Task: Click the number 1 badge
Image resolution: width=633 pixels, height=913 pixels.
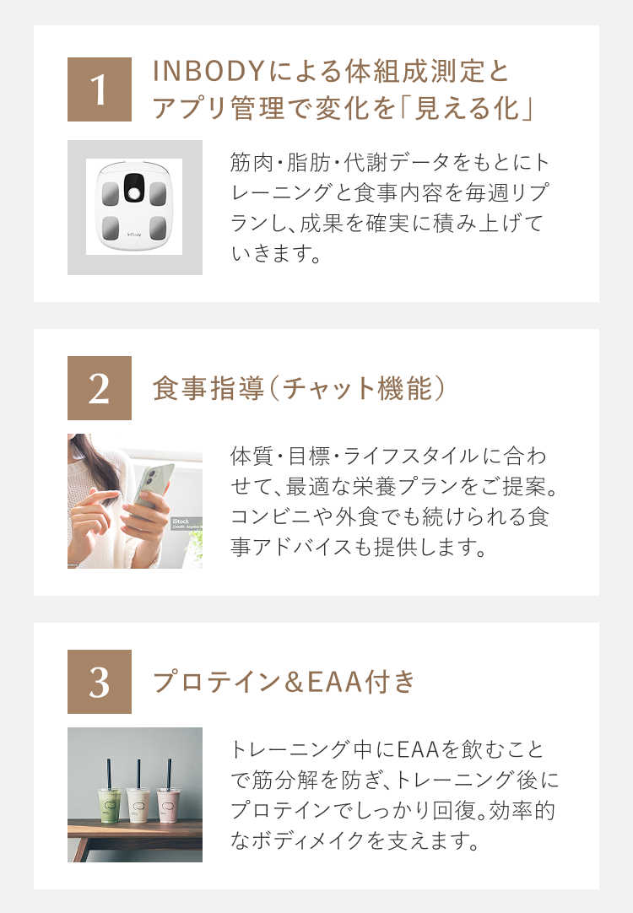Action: pos(100,89)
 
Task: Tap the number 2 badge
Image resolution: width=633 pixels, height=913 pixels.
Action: pos(100,388)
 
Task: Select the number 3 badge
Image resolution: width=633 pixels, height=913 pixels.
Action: pos(100,681)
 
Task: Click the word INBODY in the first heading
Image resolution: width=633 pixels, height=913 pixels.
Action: pos(209,71)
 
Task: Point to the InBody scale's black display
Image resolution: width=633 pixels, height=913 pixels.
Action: pos(134,188)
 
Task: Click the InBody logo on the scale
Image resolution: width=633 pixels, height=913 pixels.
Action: pos(134,234)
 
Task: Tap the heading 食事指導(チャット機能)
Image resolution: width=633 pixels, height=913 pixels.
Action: pos(299,388)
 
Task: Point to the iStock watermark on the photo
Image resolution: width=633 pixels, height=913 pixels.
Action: pos(181,521)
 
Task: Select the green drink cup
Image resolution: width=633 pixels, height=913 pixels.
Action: pos(110,804)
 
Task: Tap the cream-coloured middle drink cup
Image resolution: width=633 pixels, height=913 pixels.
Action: pos(138,804)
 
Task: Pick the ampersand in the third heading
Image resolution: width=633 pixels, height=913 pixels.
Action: pos(293,682)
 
